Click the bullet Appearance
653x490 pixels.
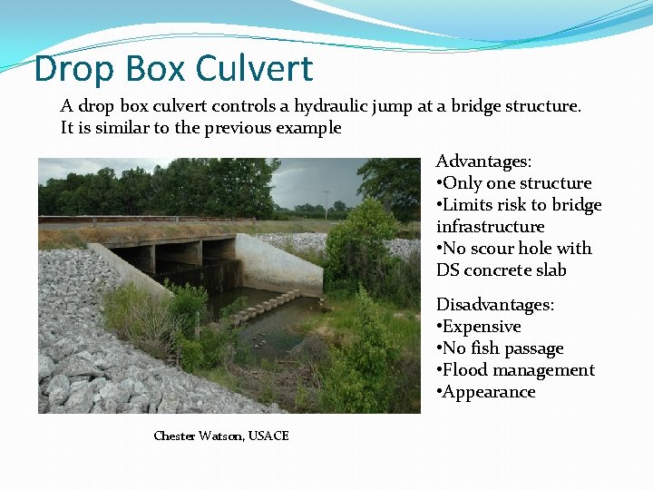490,392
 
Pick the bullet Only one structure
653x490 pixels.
517,183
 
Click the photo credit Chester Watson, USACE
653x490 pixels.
221,436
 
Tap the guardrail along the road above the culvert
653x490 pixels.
136,220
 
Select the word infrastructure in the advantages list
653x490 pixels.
490,227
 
